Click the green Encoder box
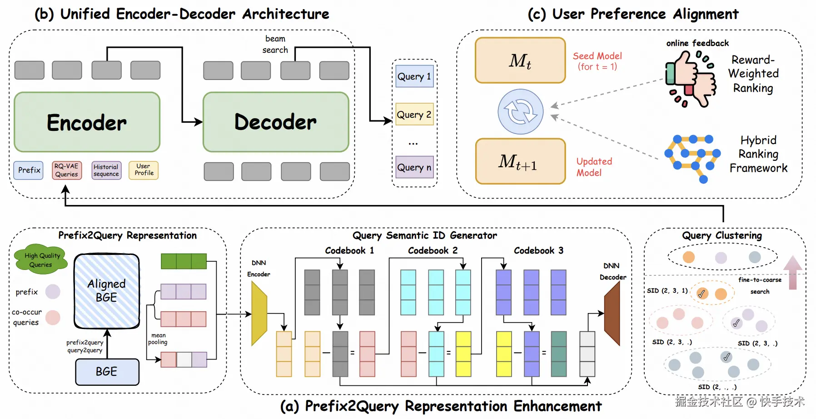coord(87,122)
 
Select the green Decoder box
coord(276,122)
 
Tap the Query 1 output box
coord(414,76)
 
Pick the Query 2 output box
coord(414,115)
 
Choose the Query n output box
coord(414,167)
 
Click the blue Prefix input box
coord(29,170)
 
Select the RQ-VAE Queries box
coord(67,170)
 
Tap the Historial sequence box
coord(106,170)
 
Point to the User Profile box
coord(144,170)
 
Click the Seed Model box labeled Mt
coord(520,60)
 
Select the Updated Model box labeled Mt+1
coord(520,161)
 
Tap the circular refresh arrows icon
coord(521,111)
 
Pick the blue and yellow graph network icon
coord(692,156)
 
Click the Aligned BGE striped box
coord(107,291)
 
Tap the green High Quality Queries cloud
coord(40,260)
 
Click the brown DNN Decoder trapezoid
coord(612,314)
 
